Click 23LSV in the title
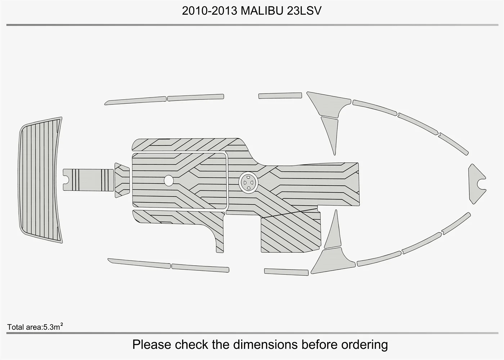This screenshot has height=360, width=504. (304, 11)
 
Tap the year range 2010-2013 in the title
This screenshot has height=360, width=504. (210, 11)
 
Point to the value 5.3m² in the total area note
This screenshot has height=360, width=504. (53, 327)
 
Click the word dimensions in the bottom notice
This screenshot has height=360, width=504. (265, 345)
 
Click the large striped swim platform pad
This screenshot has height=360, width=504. (40, 180)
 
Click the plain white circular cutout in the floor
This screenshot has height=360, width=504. (169, 180)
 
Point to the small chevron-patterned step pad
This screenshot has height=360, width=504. (122, 180)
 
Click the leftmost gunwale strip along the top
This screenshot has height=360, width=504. (135, 100)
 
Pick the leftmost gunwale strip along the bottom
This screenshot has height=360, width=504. (139, 264)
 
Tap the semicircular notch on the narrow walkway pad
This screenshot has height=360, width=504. (67, 180)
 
